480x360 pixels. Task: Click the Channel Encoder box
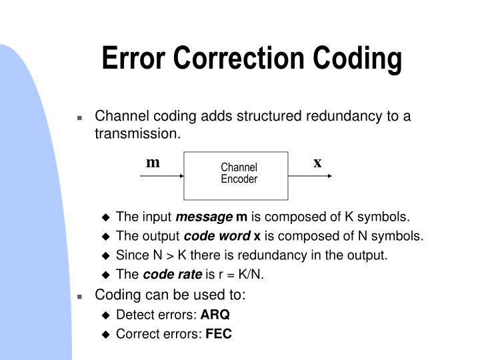[x=239, y=174]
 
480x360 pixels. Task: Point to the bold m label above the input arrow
[x=153, y=163]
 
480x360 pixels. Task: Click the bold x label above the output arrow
[x=317, y=163]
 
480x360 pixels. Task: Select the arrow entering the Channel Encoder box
[x=162, y=177]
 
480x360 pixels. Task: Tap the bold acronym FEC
[x=219, y=335]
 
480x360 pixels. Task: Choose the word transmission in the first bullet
[x=137, y=133]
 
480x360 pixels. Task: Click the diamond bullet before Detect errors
[x=105, y=315]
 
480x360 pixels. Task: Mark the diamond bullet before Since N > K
[x=105, y=256]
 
